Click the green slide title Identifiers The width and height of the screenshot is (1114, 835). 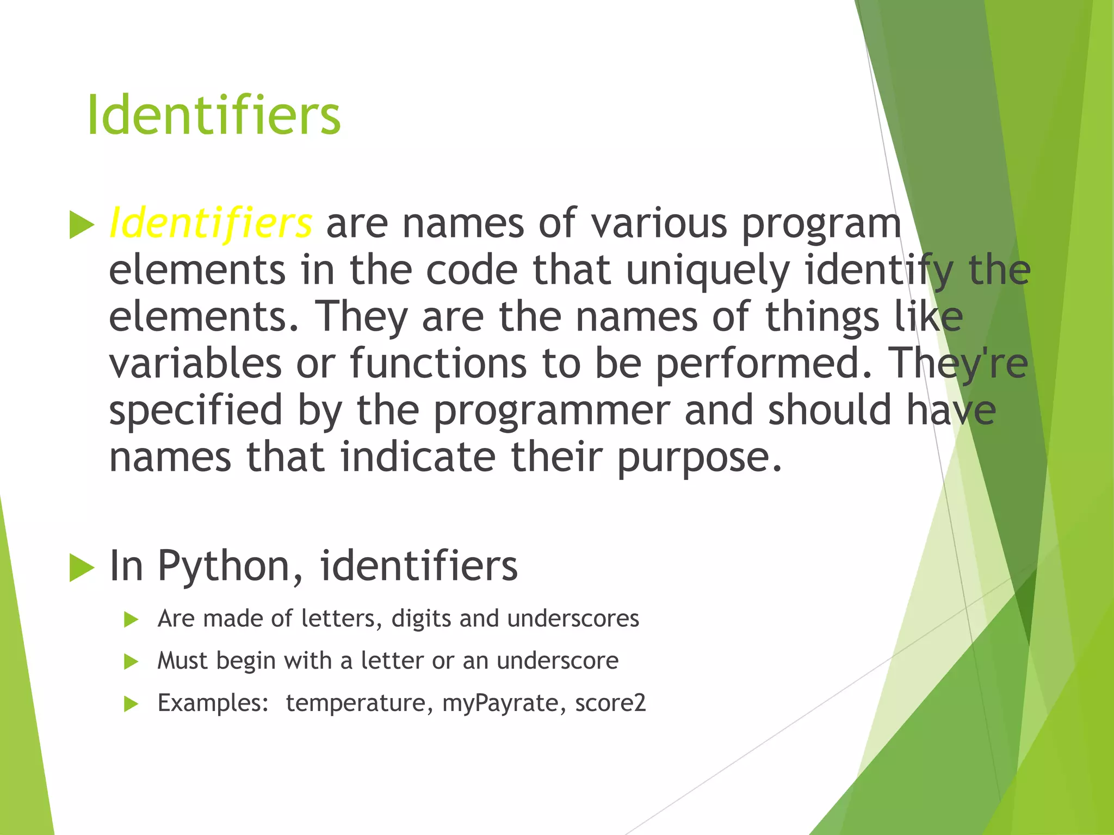(x=213, y=115)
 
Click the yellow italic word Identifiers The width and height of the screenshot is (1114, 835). (x=211, y=223)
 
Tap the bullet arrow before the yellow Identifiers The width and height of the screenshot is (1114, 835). (x=82, y=225)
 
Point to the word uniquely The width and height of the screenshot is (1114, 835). (x=708, y=271)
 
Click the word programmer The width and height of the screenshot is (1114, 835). (x=552, y=411)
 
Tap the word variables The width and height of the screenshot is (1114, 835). (x=195, y=364)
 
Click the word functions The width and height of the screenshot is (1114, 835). (x=438, y=364)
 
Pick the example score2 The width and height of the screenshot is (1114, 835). (x=610, y=703)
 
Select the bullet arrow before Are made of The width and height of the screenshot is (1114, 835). (x=131, y=620)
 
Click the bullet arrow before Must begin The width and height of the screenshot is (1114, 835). (x=131, y=662)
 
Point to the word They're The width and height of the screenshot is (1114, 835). (x=957, y=364)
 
